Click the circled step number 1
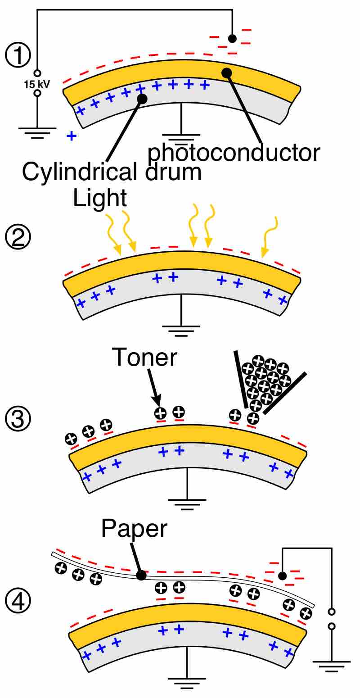coord(18,56)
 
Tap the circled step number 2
coord(18,237)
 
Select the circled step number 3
coord(18,418)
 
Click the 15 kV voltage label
coord(37,83)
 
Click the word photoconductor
coord(234,153)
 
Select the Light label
coord(100,198)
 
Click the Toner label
coord(145,358)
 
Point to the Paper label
coord(134,529)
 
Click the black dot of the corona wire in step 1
coord(232,38)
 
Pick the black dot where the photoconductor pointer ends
coord(226,73)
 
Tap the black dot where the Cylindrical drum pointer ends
coord(142,99)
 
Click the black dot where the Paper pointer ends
coord(141,575)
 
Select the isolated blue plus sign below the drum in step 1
coord(71,136)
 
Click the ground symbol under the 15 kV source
coord(37,131)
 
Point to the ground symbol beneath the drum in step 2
coord(181,331)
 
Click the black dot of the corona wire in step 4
coord(282,576)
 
